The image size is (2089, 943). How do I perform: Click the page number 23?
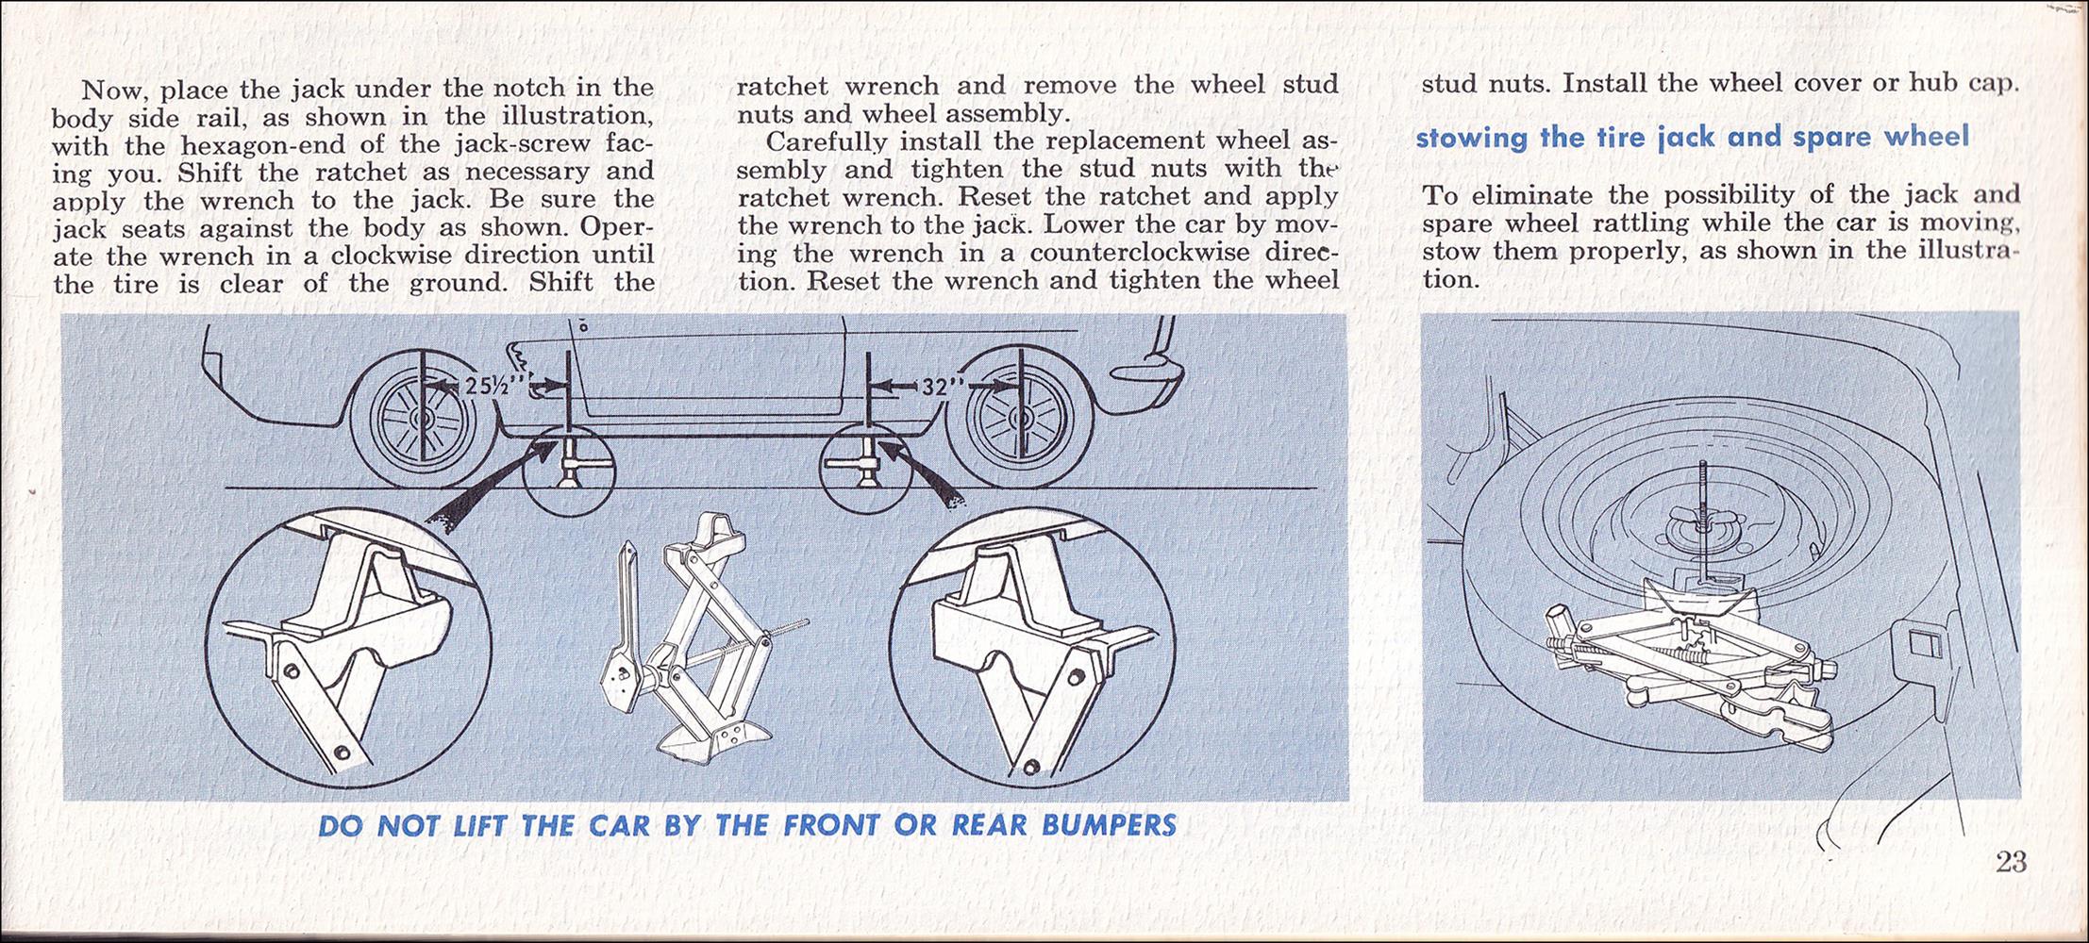(x=2011, y=862)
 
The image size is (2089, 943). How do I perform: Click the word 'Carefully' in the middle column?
(x=827, y=142)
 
